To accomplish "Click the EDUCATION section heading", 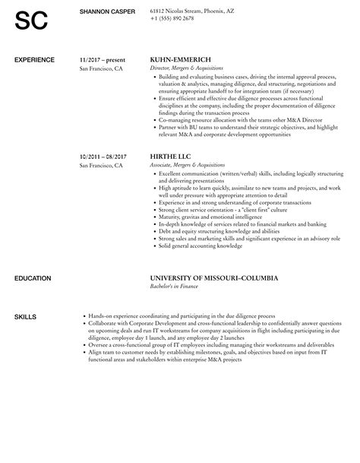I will [33, 257].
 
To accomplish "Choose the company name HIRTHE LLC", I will [170, 157].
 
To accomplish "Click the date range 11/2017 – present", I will [103, 59].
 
